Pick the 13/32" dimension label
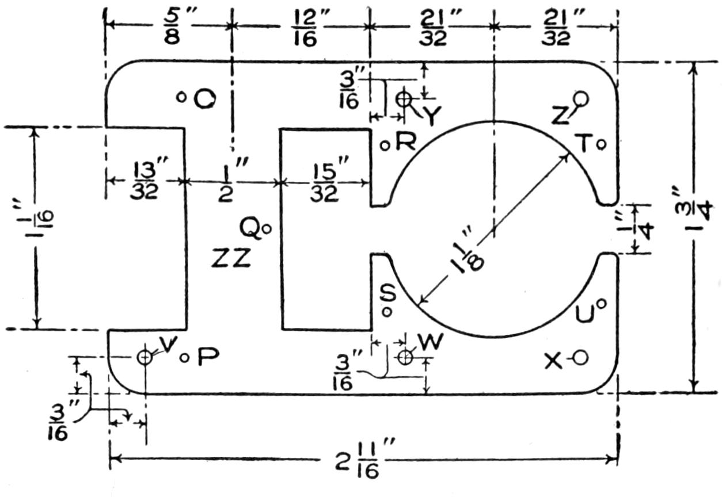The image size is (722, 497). pos(143,181)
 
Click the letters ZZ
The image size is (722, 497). pos(231,260)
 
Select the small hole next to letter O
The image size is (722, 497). pos(180,97)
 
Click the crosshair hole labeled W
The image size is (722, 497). pos(405,357)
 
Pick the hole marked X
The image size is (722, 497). pos(580,358)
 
